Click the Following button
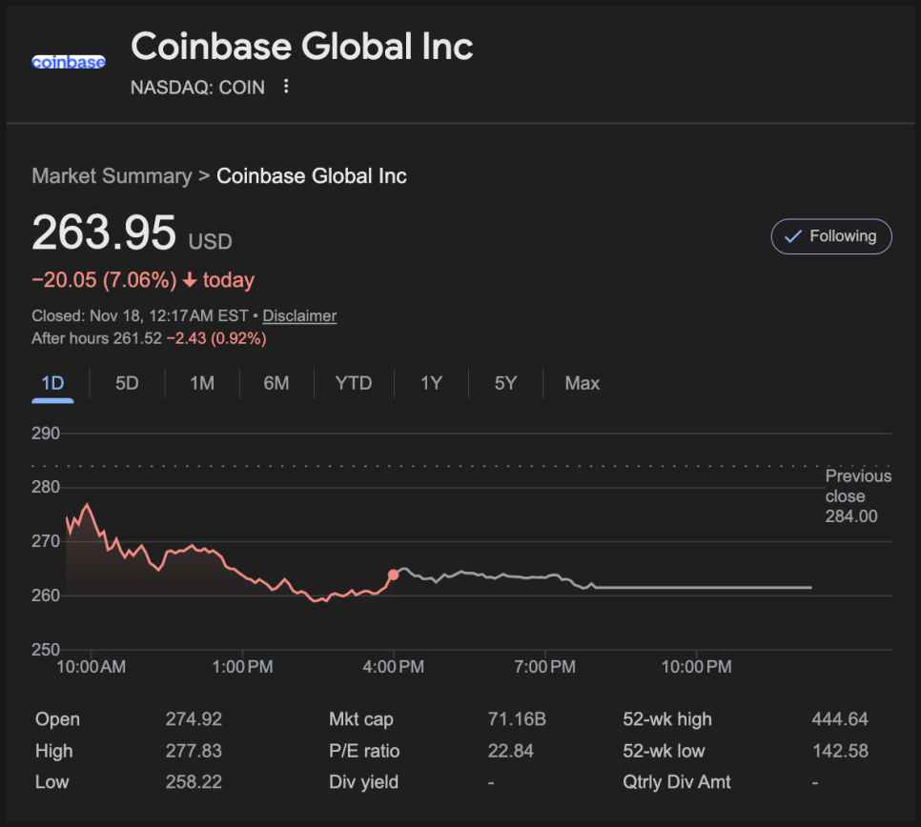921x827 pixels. pos(830,236)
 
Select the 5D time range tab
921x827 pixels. pos(127,383)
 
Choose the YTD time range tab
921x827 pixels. pos(353,383)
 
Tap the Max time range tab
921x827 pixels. pos(582,383)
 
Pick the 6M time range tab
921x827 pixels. pos(276,383)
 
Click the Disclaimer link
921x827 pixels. pos(299,315)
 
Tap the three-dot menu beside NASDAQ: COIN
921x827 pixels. pos(286,87)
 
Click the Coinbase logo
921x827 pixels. pos(69,62)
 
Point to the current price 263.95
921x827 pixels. pos(104,232)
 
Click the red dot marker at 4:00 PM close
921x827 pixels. pos(394,575)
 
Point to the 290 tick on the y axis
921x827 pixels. pos(46,434)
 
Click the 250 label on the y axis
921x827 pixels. pos(46,650)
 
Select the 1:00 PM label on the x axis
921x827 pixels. pos(242,667)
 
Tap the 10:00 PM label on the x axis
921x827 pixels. pos(697,667)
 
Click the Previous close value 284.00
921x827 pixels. pos(851,516)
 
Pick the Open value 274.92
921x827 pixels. pos(194,719)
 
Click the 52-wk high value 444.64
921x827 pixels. pos(840,719)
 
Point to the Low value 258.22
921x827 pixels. pos(194,782)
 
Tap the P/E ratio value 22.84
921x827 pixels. pos(511,751)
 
